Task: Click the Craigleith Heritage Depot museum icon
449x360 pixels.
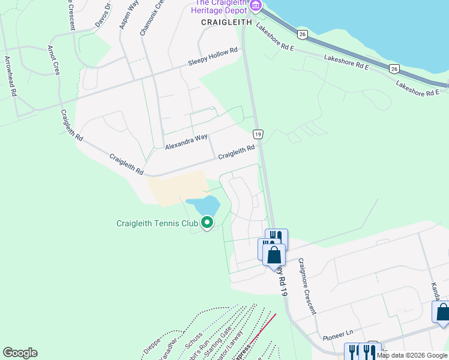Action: [x=256, y=6]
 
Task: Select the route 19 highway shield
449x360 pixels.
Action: [x=258, y=134]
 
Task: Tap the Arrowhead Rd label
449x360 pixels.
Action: [x=11, y=75]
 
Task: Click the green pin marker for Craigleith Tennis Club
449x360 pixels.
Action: [x=207, y=223]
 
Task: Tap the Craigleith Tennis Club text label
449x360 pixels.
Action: [x=157, y=224]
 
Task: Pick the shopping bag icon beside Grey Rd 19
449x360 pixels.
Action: [x=274, y=254]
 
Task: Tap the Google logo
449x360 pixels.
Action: [x=20, y=353]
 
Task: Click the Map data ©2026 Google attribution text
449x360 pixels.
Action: [x=412, y=355]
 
